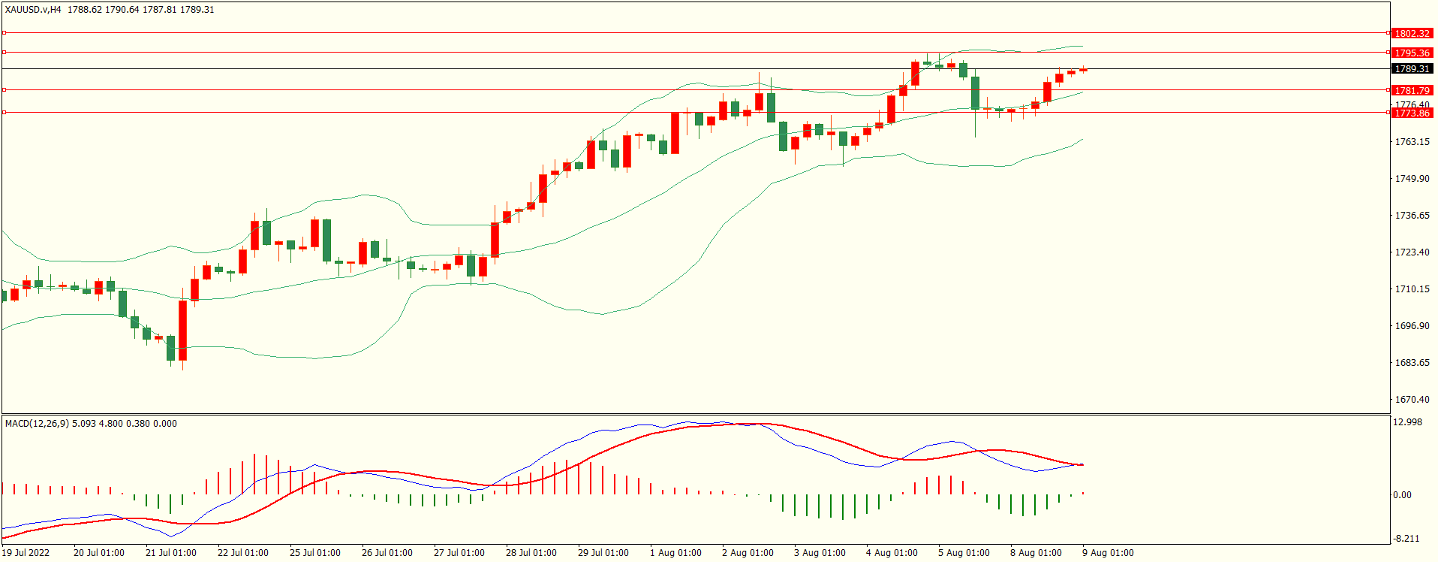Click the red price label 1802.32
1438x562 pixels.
[1412, 33]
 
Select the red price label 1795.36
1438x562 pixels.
[1412, 53]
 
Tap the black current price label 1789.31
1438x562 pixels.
[1412, 68]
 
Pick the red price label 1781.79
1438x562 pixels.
[1412, 90]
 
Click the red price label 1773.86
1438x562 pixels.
[1412, 113]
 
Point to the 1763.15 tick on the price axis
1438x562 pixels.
[1412, 141]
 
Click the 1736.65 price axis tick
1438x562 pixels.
[1412, 215]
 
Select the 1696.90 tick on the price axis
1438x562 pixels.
[1412, 325]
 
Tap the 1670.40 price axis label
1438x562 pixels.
[1412, 399]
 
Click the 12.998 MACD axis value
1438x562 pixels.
[1407, 421]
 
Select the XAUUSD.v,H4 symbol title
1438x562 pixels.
[33, 10]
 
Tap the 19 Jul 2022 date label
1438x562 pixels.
[26, 552]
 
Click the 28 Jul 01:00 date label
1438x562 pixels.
[531, 552]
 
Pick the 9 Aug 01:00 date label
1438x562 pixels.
[1108, 552]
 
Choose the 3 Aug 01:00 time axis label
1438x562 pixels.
[820, 552]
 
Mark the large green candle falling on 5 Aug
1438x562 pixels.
[975, 92]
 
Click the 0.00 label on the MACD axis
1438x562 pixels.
[1402, 494]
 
